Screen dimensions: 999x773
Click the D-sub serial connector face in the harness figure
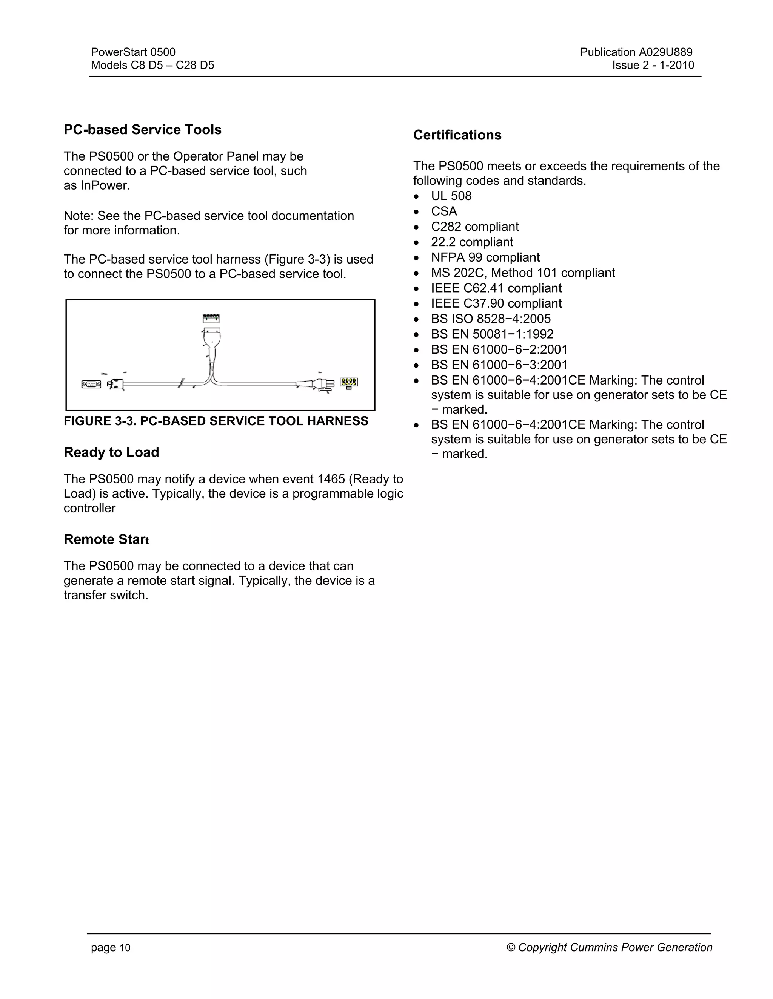click(91, 384)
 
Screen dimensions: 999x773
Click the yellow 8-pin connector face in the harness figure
click(349, 382)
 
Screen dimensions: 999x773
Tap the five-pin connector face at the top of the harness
click(211, 317)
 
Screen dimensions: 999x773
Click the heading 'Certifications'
click(457, 135)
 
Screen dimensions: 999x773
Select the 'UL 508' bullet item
click(451, 196)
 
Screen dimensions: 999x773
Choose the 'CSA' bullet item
click(444, 211)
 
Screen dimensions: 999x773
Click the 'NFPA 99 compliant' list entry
click(485, 257)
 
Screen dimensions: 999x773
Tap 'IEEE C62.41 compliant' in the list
click(496, 288)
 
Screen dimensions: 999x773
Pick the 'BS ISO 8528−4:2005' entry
click(490, 319)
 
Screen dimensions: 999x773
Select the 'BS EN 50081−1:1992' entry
click(492, 334)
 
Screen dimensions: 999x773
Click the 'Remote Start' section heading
click(106, 539)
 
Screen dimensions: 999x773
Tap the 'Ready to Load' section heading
click(111, 452)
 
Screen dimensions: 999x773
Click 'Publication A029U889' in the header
click(636, 52)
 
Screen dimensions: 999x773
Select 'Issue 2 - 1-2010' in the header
click(653, 66)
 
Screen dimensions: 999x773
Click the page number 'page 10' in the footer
click(110, 948)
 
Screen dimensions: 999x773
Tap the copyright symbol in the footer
click(511, 947)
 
